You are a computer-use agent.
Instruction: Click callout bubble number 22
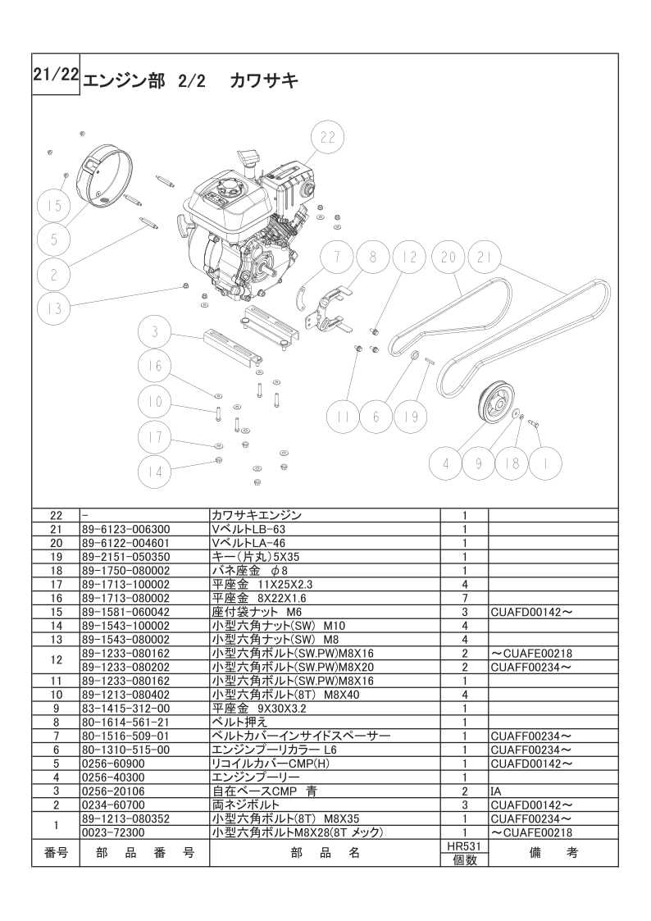click(327, 138)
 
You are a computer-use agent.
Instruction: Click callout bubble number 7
click(335, 257)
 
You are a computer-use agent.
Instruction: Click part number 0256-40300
click(114, 777)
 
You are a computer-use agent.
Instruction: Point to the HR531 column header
click(464, 846)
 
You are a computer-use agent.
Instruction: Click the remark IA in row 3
click(495, 791)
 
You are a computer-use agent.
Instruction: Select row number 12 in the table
click(56, 659)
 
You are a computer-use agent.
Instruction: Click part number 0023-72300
click(114, 832)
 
